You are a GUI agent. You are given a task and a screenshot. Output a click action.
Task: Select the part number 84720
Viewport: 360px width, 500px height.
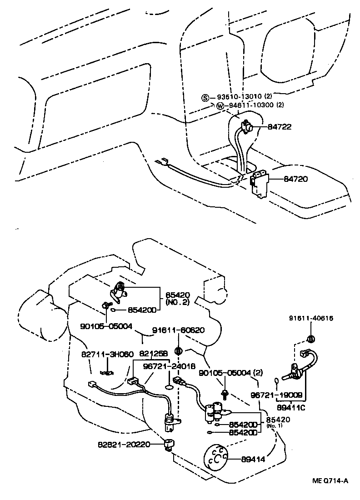tap(295, 179)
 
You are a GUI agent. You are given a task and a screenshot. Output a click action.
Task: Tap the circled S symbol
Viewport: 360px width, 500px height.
tap(205, 98)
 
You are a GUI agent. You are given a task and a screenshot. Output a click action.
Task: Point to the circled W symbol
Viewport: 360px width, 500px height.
tap(220, 106)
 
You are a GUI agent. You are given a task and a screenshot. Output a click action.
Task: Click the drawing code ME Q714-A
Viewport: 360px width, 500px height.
tap(330, 481)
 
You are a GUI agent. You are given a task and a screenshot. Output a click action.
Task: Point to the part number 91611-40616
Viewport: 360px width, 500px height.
tap(311, 318)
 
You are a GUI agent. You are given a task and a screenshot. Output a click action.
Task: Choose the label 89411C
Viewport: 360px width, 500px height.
tap(291, 407)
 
